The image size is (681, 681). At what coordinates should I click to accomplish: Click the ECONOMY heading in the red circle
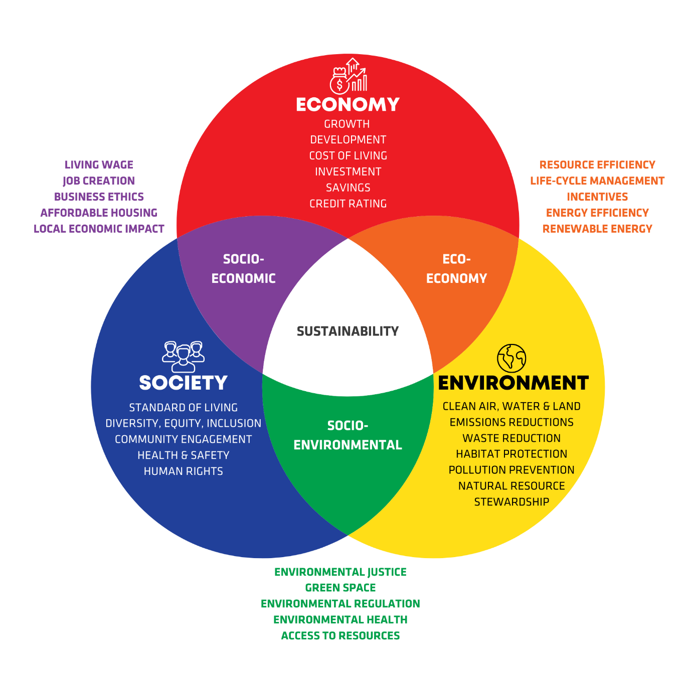[348, 104]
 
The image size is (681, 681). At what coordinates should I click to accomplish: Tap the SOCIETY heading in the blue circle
[183, 383]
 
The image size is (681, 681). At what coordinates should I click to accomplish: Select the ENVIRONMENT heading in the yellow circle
[513, 383]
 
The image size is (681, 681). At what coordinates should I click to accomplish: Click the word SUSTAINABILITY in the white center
[348, 331]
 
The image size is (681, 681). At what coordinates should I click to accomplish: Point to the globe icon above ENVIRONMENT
[512, 358]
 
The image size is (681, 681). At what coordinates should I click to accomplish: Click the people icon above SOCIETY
[184, 356]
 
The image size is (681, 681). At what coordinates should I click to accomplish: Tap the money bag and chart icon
[348, 76]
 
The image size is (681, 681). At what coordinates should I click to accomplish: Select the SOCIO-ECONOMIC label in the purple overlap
[244, 269]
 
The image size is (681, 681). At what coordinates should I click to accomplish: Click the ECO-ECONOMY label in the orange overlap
[456, 269]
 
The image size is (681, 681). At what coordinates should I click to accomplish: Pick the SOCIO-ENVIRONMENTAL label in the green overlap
[348, 435]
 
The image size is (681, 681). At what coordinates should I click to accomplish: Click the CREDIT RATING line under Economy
[348, 204]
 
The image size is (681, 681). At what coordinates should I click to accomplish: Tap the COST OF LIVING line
[348, 155]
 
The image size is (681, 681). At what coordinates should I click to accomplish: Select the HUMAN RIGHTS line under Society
[184, 471]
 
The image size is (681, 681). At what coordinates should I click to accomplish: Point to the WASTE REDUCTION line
[512, 438]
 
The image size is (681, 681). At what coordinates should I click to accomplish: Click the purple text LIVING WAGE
[99, 164]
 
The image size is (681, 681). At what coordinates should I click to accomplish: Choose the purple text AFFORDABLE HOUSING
[99, 213]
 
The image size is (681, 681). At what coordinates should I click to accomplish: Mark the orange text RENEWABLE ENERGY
[597, 229]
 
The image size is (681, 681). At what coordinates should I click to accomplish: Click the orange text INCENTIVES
[597, 197]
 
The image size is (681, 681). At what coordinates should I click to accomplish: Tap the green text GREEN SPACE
[340, 588]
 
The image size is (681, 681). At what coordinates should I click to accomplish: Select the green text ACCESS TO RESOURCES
[340, 636]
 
